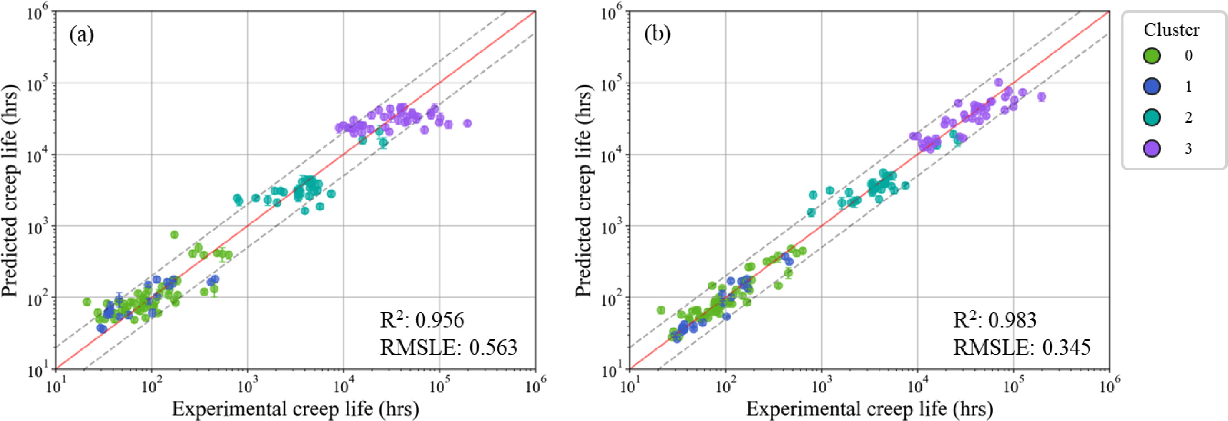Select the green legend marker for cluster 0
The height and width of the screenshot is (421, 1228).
(1152, 55)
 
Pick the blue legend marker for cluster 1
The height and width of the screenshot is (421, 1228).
(1152, 86)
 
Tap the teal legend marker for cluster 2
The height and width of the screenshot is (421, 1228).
(1152, 117)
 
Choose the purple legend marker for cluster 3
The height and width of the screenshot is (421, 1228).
(1152, 149)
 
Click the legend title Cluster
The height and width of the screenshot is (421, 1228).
(1171, 30)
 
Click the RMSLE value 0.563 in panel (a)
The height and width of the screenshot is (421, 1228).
(493, 347)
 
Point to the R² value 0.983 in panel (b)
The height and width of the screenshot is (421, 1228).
(1012, 320)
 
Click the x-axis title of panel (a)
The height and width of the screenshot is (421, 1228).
(295, 409)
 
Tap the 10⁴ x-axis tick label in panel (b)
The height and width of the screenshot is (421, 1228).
(917, 382)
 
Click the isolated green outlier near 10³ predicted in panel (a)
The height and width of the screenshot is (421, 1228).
(174, 234)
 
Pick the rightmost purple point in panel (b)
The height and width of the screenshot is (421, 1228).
(1042, 96)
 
